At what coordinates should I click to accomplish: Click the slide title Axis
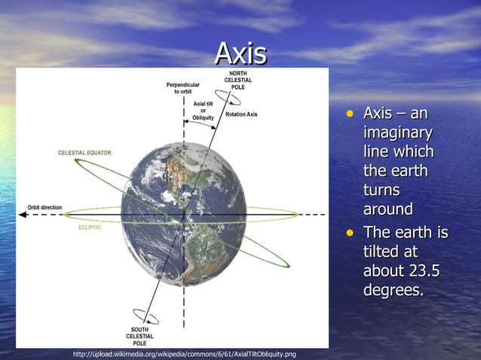tap(240, 53)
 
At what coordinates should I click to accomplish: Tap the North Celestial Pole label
tap(237, 81)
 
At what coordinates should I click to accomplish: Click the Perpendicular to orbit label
tap(182, 88)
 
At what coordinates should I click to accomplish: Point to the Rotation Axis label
tap(241, 114)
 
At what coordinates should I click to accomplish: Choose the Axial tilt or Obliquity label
tap(203, 111)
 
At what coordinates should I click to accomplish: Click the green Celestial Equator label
tap(84, 153)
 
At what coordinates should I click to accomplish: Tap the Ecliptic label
tap(89, 227)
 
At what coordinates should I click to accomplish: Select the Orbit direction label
tap(45, 207)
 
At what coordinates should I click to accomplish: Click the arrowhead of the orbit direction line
tap(23, 215)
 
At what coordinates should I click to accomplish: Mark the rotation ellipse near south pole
tap(144, 316)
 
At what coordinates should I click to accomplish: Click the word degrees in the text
tap(393, 290)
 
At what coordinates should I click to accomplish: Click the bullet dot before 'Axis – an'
tap(349, 114)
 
